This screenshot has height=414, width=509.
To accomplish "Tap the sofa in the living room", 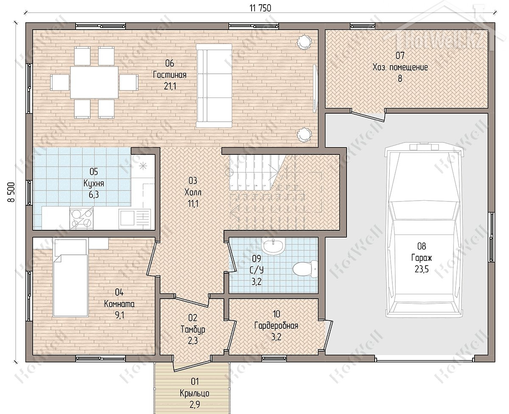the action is [214, 86].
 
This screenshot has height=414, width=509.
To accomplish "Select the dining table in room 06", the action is [94, 82].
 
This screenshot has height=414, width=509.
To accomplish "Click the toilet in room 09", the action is [305, 269].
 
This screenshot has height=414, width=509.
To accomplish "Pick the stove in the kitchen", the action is [81, 218].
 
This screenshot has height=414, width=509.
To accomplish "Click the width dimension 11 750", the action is [260, 8].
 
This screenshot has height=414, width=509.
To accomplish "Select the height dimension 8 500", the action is [11, 192].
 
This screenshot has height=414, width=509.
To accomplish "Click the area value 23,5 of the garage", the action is [422, 269].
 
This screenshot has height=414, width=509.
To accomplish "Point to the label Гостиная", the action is [169, 75].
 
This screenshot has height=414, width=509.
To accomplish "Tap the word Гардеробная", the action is [276, 326].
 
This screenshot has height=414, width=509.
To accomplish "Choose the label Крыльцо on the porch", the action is [195, 393].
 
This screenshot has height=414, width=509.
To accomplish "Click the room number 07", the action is [400, 56].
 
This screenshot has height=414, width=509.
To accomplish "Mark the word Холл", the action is [193, 192].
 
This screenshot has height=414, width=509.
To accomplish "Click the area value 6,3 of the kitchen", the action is [94, 195].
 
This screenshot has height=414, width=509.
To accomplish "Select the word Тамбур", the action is [193, 330].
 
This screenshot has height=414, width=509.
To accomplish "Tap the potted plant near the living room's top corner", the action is [304, 42].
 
